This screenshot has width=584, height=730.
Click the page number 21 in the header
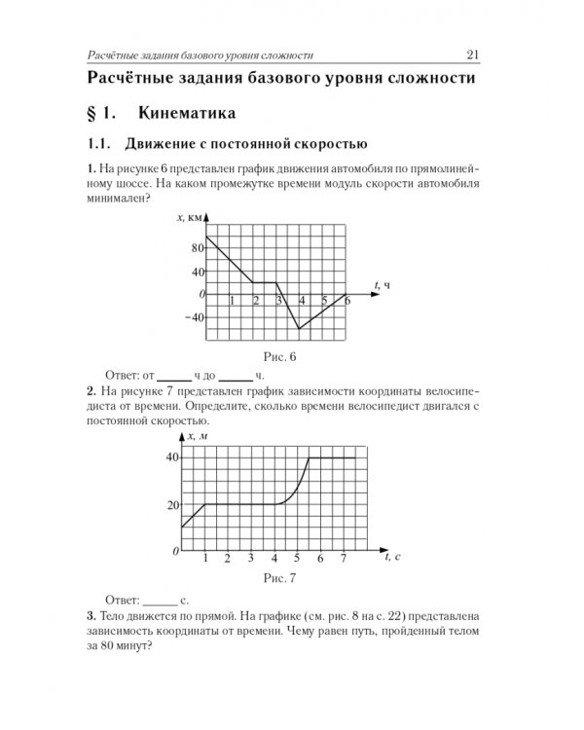point(470,55)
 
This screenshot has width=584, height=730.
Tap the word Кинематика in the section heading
point(187,114)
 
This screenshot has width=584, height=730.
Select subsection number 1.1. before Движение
point(100,145)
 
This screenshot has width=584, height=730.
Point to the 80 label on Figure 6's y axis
point(198,248)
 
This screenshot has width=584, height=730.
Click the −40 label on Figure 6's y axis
point(195,317)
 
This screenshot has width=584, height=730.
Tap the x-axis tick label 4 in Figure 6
point(303,301)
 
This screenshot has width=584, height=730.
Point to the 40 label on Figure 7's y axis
point(172,457)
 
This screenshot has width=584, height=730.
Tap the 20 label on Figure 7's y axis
point(172,504)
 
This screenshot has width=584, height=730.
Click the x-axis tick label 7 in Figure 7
point(344,559)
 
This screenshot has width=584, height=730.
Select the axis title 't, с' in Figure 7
point(394,557)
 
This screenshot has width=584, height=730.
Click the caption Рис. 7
point(278,579)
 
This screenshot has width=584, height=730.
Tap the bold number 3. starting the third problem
point(91,617)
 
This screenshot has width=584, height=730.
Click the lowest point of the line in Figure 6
point(299,329)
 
